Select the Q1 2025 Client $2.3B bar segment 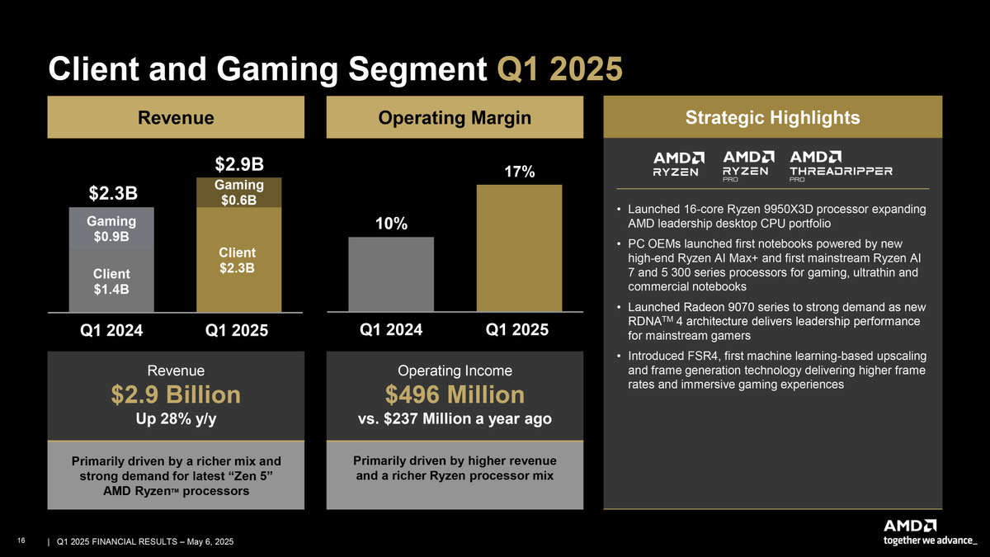click(238, 259)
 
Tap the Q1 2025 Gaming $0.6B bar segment click(238, 192)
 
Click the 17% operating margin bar click(519, 248)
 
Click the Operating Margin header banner click(455, 118)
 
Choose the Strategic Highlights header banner click(772, 118)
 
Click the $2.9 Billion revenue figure click(176, 394)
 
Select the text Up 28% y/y click(176, 419)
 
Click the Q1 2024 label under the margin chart click(392, 330)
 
